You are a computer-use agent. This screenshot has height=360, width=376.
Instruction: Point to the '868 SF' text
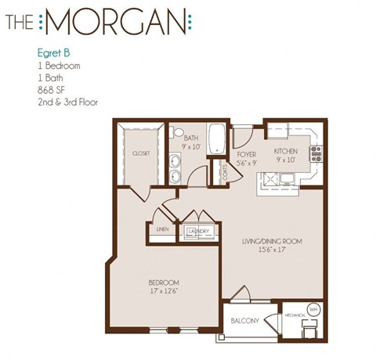click(52, 89)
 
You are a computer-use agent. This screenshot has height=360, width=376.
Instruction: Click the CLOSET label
click(141, 154)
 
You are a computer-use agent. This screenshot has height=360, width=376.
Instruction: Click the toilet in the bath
click(177, 132)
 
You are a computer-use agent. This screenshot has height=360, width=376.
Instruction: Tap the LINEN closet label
click(162, 230)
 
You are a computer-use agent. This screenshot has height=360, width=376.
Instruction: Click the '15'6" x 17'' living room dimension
click(271, 251)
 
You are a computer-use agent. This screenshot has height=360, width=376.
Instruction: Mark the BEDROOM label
click(164, 283)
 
